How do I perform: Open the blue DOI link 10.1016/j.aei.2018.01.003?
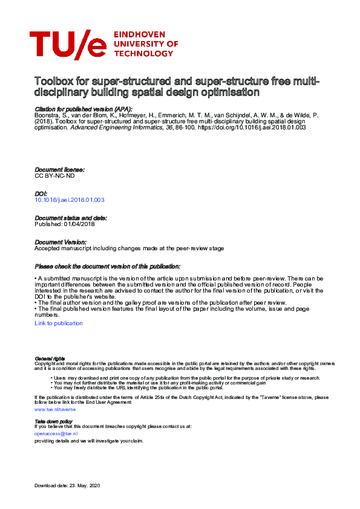[x=70, y=199]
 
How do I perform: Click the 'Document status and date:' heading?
[x=71, y=218]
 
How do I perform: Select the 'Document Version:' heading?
[x=61, y=241]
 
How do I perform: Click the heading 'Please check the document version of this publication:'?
[x=107, y=266]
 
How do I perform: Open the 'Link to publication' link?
[x=59, y=323]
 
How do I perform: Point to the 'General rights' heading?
[x=50, y=358]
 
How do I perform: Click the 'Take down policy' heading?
[x=53, y=421]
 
